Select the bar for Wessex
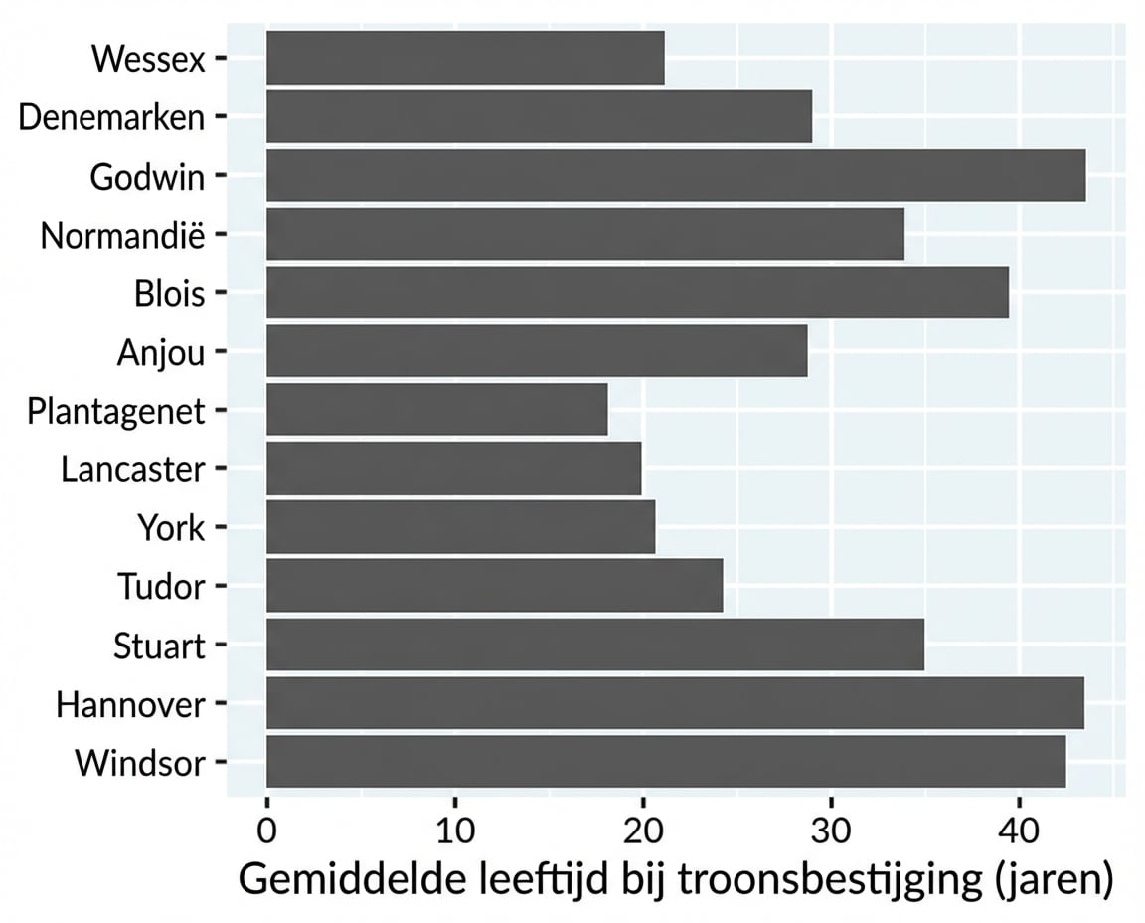tap(465, 58)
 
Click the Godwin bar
tap(676, 176)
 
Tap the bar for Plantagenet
tap(436, 410)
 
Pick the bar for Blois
tap(637, 293)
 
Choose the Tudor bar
tap(494, 586)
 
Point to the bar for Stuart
tap(594, 645)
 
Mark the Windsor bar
tap(666, 762)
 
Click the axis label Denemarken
tap(111, 117)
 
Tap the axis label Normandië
tap(122, 236)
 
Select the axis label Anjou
tap(160, 352)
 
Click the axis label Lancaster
tap(132, 469)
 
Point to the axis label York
tap(172, 528)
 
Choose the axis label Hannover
tap(130, 705)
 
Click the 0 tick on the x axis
tap(266, 829)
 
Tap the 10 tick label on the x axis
tap(454, 829)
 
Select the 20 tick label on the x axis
tap(642, 829)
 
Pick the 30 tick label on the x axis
tap(830, 829)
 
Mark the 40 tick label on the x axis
tap(1018, 829)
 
